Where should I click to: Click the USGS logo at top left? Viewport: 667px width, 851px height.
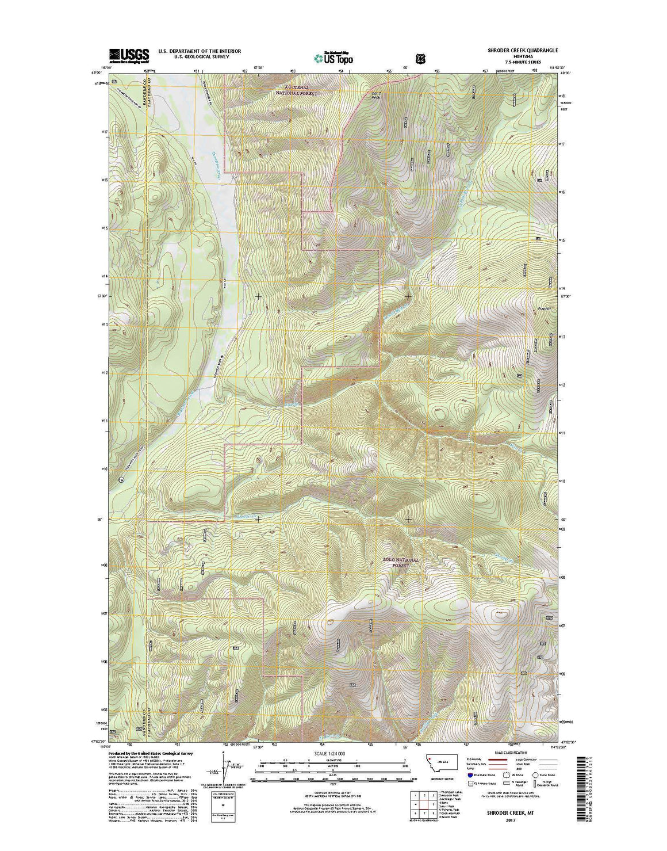click(129, 54)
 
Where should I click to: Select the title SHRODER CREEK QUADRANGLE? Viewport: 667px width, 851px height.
click(515, 51)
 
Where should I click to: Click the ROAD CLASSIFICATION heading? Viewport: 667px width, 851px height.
click(506, 753)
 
